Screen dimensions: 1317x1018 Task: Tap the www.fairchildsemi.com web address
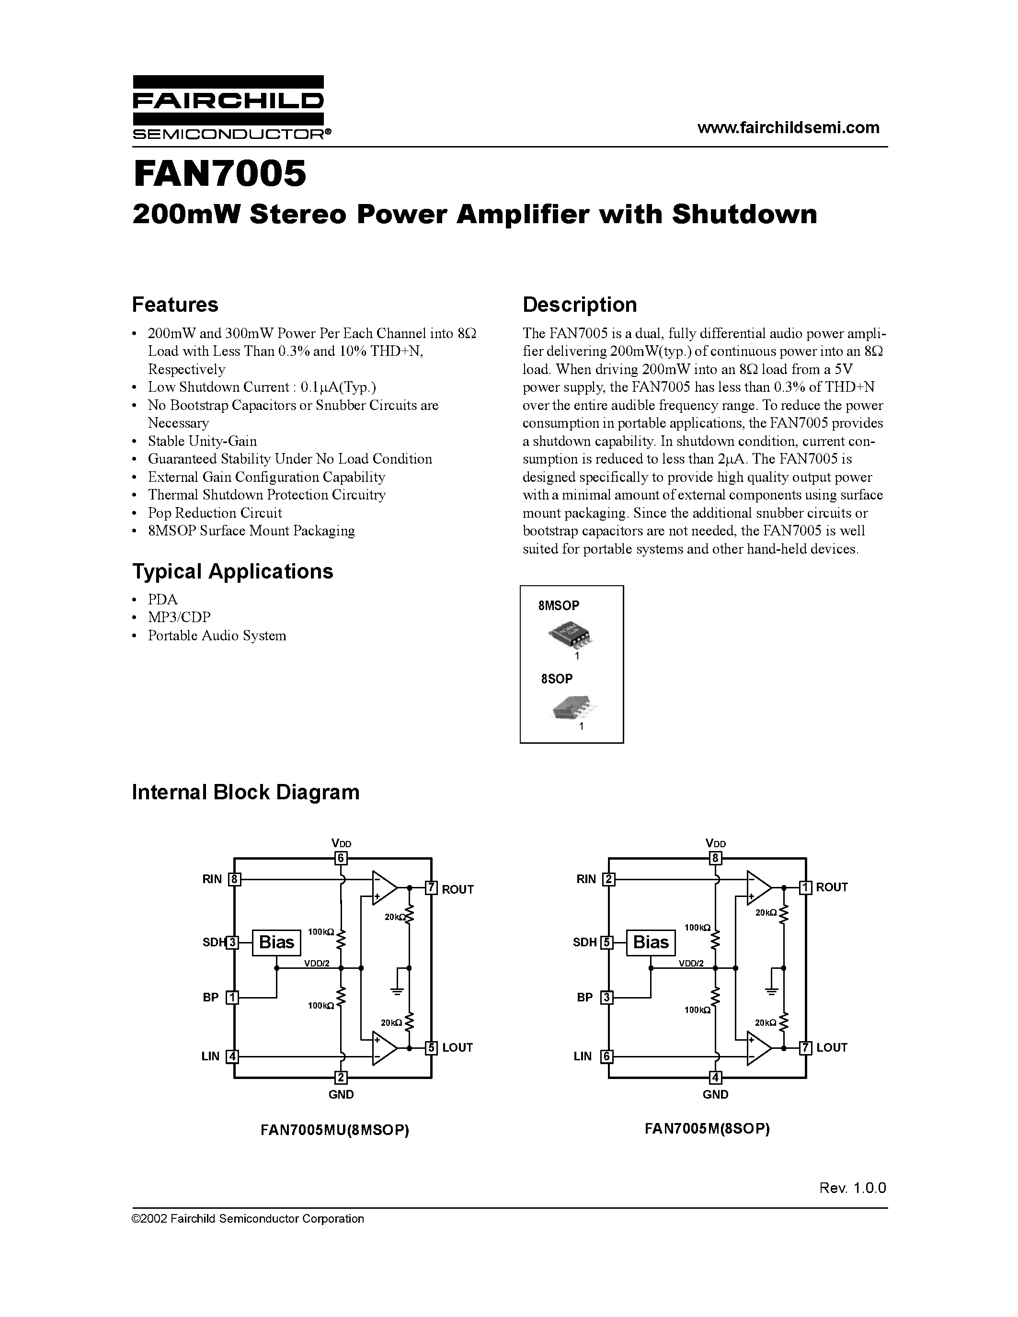[x=788, y=128]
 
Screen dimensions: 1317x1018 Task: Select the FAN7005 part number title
[x=219, y=174]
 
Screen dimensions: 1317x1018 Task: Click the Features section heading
[x=175, y=305]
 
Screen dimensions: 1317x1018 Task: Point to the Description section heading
[x=579, y=305]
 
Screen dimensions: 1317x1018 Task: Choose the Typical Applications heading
[x=232, y=571]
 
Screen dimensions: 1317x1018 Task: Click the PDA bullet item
[x=163, y=600]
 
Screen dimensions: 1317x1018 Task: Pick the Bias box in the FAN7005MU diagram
[x=276, y=942]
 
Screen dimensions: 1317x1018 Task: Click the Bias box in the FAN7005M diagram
[x=651, y=942]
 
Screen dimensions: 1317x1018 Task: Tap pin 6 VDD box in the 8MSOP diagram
[x=341, y=858]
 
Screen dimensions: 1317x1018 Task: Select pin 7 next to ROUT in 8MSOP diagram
[x=431, y=888]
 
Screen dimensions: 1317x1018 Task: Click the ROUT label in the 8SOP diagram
[x=832, y=887]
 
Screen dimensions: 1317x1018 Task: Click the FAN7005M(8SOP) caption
[x=707, y=1128]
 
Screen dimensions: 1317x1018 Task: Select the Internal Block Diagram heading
[x=245, y=792]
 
